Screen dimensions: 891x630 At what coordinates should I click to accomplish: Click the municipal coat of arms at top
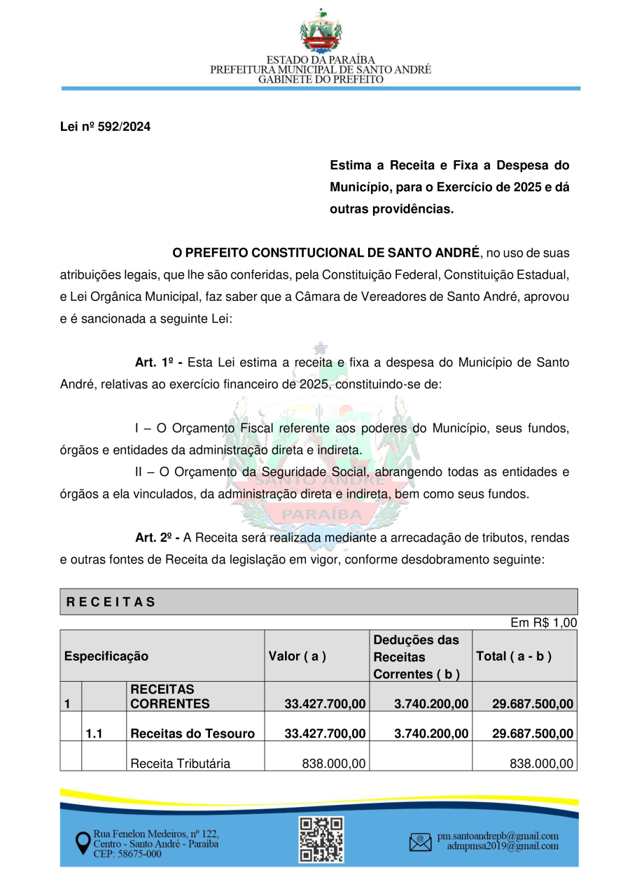[x=321, y=31]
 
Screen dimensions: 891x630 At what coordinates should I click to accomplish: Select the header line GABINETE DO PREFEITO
[x=321, y=80]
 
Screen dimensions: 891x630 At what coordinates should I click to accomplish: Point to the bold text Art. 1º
[x=158, y=363]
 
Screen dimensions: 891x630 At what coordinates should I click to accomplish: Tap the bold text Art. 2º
[x=158, y=538]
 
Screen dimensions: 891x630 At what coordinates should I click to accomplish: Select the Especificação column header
[x=106, y=657]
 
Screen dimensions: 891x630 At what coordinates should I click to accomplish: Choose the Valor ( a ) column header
[x=297, y=657]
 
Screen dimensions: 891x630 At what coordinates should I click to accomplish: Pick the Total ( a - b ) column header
[x=514, y=657]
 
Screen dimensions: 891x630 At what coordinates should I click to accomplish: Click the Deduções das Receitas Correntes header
[x=417, y=657]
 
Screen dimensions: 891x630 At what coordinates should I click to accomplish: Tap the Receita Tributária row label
[x=181, y=764]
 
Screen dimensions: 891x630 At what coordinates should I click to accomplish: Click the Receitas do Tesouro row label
[x=192, y=734]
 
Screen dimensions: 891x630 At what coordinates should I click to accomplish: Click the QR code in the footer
[x=321, y=839]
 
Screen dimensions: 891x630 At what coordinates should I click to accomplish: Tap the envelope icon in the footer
[x=420, y=841]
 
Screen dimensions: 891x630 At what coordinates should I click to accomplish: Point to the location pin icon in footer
[x=83, y=843]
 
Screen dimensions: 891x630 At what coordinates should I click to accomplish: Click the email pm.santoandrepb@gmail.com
[x=498, y=836]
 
